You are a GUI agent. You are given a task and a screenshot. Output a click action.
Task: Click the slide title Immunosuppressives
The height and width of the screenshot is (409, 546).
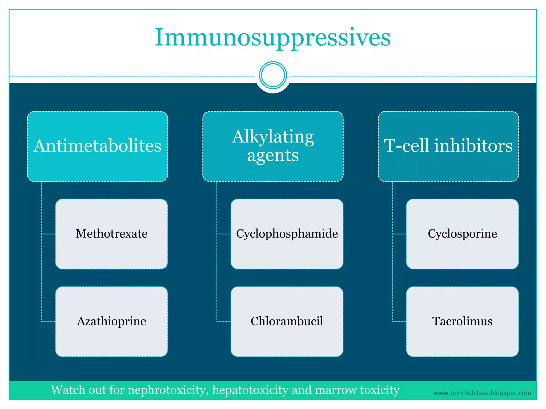coord(272,38)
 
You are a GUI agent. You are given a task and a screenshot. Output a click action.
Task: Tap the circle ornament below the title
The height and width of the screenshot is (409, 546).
coord(273,75)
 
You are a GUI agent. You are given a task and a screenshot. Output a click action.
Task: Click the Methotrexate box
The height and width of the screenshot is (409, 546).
coord(111,234)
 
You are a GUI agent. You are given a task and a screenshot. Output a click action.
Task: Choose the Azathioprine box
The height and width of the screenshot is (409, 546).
coord(111,321)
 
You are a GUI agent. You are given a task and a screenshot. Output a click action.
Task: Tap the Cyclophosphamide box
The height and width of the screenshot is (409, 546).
coord(287,234)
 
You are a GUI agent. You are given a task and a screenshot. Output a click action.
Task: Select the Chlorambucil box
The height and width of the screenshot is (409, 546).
coord(287,321)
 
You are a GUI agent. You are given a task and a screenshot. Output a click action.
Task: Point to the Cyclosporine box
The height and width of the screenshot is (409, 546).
coord(462,234)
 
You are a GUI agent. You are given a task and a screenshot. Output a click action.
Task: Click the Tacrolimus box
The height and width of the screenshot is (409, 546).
coord(462,321)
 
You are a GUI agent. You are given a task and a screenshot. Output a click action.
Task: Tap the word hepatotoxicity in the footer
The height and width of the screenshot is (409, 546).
coord(250,390)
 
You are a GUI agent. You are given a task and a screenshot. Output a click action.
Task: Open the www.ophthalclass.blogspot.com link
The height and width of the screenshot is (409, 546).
coord(482,393)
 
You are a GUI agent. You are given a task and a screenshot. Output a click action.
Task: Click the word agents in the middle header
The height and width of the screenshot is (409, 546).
coord(273,156)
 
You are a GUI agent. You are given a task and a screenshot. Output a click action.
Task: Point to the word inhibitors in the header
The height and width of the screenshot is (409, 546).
coord(473,146)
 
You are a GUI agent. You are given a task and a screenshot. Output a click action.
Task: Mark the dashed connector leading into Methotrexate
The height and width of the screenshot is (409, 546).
coord(49,234)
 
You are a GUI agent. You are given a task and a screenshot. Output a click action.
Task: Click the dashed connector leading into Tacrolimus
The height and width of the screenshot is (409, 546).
coord(399,322)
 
